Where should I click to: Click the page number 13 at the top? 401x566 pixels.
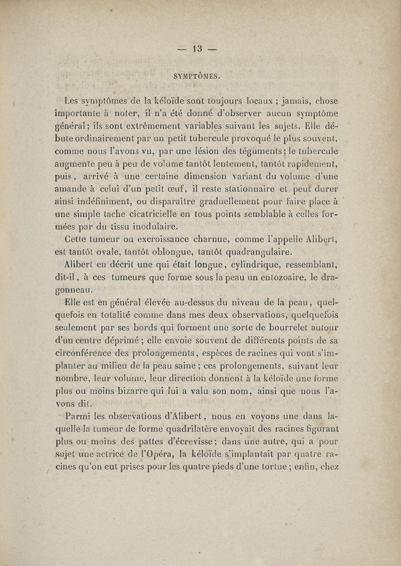[x=196, y=49]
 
